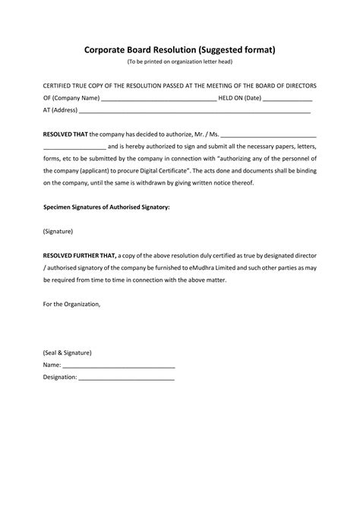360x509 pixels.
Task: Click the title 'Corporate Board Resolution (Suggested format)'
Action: click(x=180, y=50)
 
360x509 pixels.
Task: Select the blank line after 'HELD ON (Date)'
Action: click(x=288, y=100)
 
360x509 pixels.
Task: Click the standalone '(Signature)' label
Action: click(x=58, y=231)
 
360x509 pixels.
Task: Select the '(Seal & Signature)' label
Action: click(x=68, y=353)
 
